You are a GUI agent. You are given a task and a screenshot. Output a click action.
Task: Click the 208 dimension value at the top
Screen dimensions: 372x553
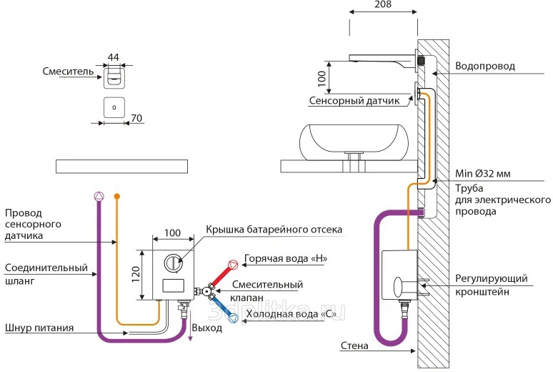[x=383, y=6]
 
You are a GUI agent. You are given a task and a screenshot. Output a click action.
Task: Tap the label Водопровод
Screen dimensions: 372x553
[x=486, y=67]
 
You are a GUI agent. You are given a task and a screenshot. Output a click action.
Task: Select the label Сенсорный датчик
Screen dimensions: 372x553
[x=354, y=102]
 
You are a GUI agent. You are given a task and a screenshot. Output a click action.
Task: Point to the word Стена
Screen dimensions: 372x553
[x=354, y=347]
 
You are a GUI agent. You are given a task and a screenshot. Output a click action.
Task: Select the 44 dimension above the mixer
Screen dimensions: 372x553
[x=113, y=57]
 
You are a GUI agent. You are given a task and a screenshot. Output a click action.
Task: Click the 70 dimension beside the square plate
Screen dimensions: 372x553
[x=137, y=117]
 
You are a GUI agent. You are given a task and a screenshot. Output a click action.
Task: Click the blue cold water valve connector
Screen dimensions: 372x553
[x=232, y=311]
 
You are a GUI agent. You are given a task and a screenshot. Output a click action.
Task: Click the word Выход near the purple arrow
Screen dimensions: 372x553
[x=207, y=328]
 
